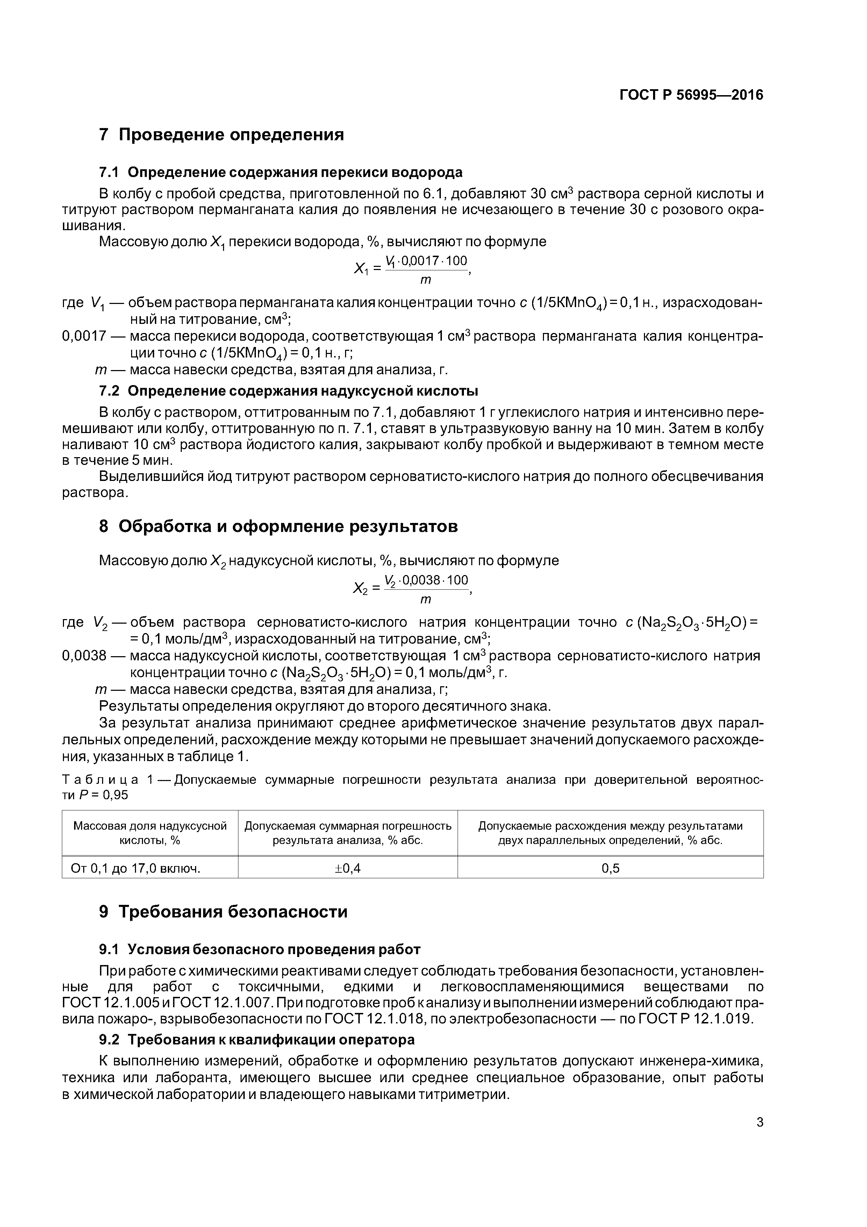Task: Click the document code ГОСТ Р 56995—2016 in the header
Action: (x=691, y=95)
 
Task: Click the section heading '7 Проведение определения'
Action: (x=221, y=135)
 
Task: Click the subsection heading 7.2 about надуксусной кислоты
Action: (x=288, y=391)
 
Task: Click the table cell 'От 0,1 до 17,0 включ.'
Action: (x=136, y=868)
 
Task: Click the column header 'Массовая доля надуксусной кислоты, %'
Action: (x=150, y=833)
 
